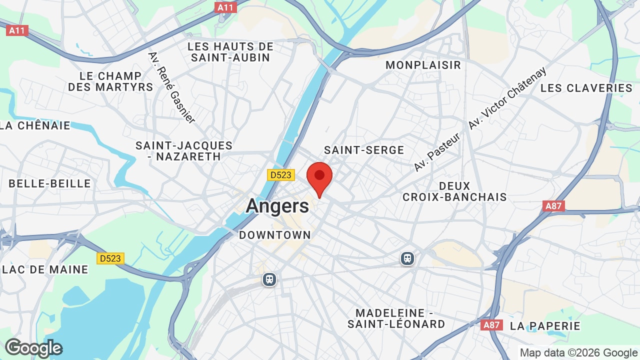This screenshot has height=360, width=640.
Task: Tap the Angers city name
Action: coord(277,206)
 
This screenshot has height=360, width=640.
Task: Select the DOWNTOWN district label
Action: coord(274,235)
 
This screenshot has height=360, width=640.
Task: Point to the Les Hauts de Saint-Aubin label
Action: coord(230,52)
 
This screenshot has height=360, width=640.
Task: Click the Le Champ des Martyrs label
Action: coord(110,81)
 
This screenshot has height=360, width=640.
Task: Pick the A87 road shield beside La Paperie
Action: coord(491,325)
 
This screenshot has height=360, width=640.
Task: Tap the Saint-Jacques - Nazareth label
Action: coord(184,151)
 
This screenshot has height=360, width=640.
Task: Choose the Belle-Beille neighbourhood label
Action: coord(50,183)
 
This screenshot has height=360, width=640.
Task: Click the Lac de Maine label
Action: coord(45,269)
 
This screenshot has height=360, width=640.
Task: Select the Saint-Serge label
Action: coord(364,150)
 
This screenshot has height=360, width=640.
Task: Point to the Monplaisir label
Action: coord(423,65)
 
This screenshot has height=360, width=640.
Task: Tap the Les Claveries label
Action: coord(586,88)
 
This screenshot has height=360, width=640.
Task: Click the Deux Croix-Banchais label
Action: coord(454,191)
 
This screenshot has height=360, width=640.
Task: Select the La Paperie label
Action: coord(545,326)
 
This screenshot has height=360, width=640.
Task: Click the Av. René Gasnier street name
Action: coord(171,87)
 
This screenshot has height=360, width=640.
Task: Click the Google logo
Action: coord(33,348)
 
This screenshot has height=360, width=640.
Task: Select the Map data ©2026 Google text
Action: coord(578,352)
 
